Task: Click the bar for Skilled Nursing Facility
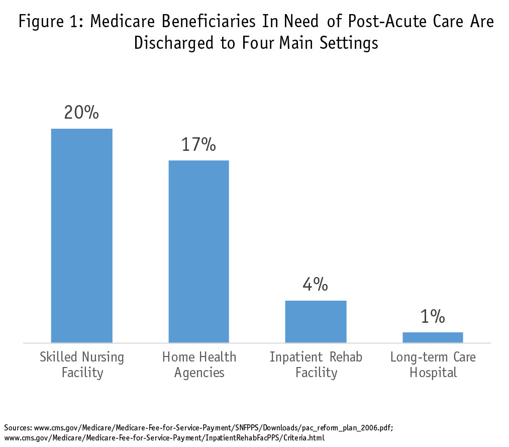click(x=82, y=235)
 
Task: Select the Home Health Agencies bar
click(x=198, y=251)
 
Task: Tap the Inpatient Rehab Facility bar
click(x=316, y=321)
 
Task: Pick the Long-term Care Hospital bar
click(x=433, y=337)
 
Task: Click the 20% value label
click(x=81, y=112)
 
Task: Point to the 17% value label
click(x=198, y=144)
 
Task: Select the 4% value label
click(x=316, y=285)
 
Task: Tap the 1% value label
click(x=433, y=316)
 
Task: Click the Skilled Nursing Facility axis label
click(x=82, y=365)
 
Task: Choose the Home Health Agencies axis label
click(x=199, y=365)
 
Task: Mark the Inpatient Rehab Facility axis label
click(x=316, y=365)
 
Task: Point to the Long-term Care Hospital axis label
click(x=433, y=365)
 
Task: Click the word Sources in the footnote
click(x=18, y=428)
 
